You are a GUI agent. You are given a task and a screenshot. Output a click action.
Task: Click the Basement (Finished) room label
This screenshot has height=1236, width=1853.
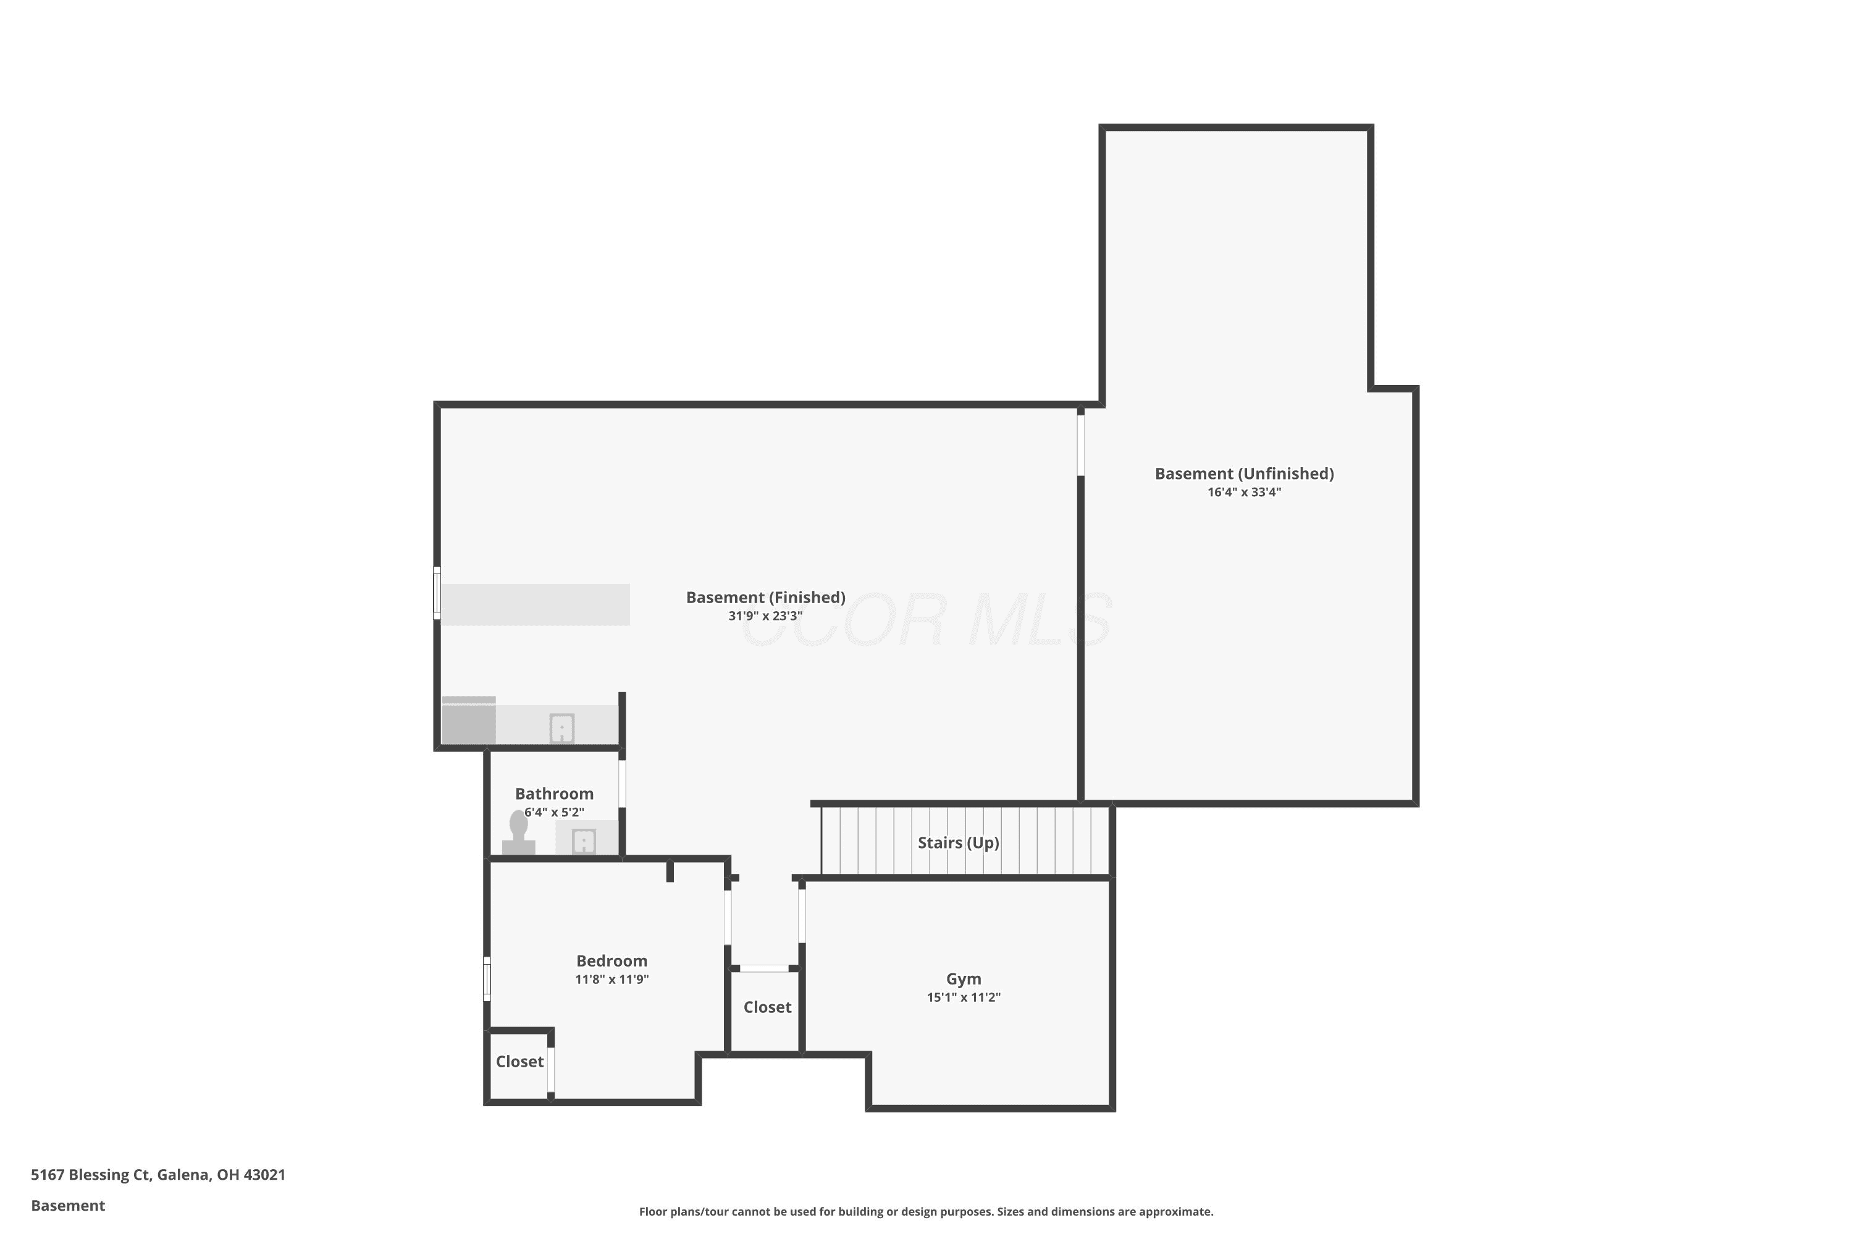point(765,598)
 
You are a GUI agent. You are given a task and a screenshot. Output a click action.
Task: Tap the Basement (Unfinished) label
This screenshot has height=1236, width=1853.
point(1244,474)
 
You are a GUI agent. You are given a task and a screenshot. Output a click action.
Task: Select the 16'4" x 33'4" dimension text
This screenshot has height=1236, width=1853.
point(1244,492)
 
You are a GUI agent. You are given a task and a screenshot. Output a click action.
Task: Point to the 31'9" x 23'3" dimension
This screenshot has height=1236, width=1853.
point(765,616)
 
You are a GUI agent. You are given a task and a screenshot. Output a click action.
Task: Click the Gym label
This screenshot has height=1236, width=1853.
point(964,979)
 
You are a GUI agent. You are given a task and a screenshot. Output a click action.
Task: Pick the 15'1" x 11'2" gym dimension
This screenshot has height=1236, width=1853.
point(964,997)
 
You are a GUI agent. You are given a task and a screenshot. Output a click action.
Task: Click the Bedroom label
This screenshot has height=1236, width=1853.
point(611,961)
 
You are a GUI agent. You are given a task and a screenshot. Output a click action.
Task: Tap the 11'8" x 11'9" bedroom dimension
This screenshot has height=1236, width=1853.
point(611,979)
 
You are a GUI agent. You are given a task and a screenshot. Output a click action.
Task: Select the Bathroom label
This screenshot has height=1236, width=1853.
point(554,794)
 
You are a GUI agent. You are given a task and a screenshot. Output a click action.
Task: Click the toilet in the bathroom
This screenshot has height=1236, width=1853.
point(518,834)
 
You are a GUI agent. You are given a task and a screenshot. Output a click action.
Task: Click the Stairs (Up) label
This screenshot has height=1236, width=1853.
point(958,843)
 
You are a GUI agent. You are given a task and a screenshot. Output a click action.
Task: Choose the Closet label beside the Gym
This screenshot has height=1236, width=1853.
point(767,1007)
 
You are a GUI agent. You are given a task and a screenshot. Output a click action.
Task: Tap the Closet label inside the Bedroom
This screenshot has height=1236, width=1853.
point(519,1062)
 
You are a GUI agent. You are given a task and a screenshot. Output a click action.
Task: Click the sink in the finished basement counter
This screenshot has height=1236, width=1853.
point(561,729)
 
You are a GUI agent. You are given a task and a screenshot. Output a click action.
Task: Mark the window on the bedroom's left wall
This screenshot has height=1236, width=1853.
point(487,979)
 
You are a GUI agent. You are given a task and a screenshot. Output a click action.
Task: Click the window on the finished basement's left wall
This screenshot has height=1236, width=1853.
point(437,593)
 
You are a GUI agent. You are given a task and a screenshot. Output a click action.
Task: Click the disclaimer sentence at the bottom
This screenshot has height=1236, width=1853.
point(926,1211)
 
